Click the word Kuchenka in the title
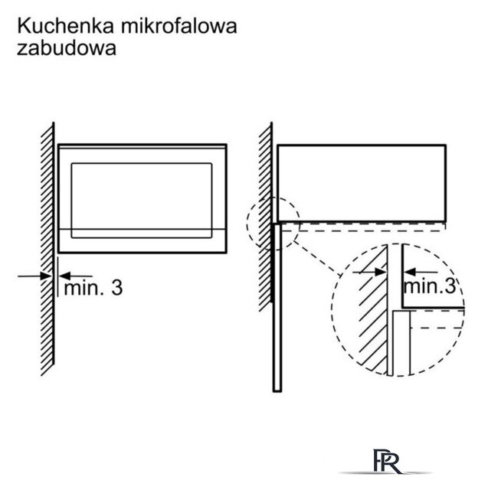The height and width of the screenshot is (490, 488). (66, 26)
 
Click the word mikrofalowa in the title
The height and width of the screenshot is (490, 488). (179, 26)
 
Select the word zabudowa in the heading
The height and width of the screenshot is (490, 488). (67, 47)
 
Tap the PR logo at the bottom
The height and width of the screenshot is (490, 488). (387, 462)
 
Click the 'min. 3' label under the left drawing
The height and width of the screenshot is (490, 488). (93, 288)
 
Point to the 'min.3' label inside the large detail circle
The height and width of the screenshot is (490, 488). (430, 286)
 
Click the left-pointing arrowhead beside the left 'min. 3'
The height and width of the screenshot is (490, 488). (65, 276)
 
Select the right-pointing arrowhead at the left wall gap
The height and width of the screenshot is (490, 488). (46, 276)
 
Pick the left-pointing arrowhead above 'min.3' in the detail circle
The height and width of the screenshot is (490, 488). (409, 272)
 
